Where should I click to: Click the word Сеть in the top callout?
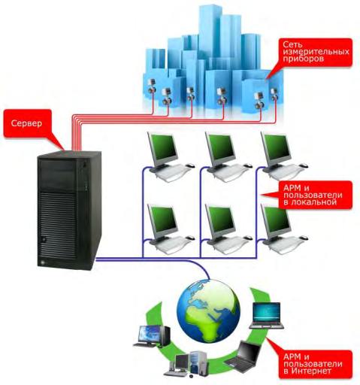(292, 45)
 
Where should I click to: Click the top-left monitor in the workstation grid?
(162, 148)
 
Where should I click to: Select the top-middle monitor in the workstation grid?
(219, 148)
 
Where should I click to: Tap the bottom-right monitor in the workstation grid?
(276, 220)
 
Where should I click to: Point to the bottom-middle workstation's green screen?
(219, 217)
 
